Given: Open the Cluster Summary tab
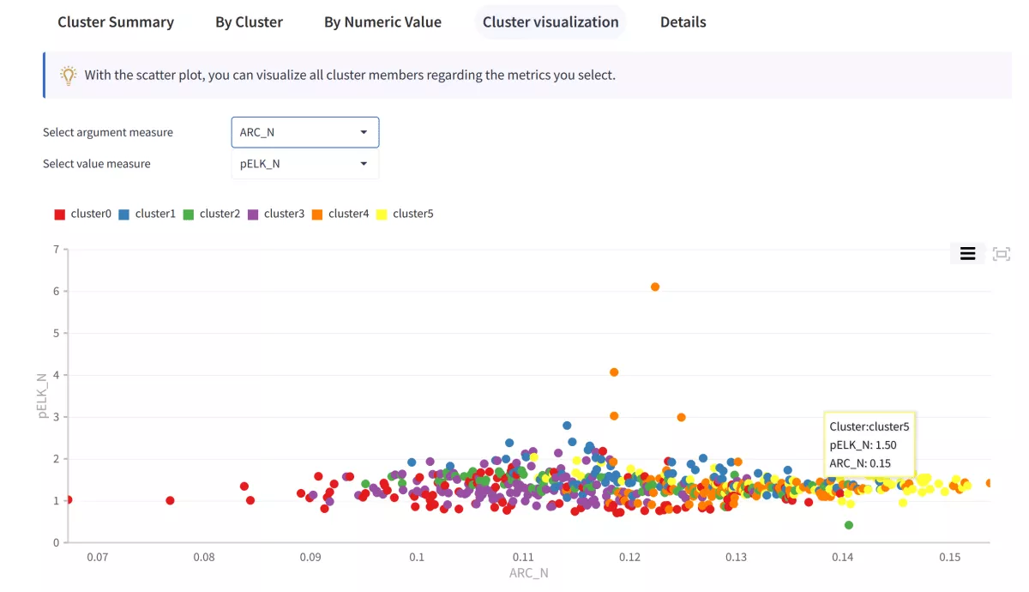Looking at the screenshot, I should (x=116, y=22).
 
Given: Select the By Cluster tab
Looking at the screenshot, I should (x=249, y=22).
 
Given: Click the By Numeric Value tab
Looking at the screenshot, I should (x=382, y=22).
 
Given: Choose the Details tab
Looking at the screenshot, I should (x=683, y=22).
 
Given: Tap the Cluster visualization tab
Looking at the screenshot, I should (x=551, y=22).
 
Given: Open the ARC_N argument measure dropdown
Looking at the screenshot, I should (x=304, y=132).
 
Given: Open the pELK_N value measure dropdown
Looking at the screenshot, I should (x=304, y=164).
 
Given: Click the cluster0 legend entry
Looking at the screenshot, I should (x=83, y=214).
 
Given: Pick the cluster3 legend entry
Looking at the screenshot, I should (x=276, y=214).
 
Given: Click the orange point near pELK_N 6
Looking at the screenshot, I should (x=655, y=287).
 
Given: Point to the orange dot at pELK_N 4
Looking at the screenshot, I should (x=614, y=372).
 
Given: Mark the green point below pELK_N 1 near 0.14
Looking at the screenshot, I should (x=849, y=525).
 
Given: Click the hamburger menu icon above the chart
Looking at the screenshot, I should (x=967, y=253).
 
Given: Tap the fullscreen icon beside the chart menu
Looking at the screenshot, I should (x=1001, y=253).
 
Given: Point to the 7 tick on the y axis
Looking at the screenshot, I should (x=56, y=250).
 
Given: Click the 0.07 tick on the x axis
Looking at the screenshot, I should (x=97, y=557).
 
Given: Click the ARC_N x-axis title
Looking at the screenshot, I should (x=529, y=573).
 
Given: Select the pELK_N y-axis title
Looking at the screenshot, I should (x=42, y=396).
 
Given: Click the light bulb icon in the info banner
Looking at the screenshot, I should (x=69, y=76).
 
